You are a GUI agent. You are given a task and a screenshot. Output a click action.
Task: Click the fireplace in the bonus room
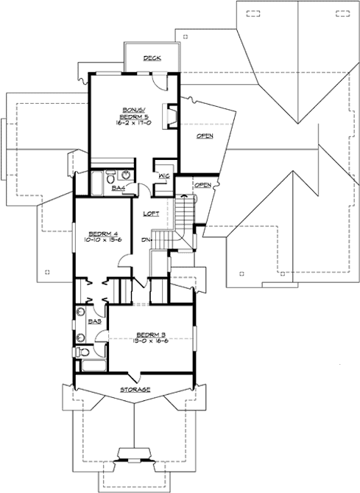click(169, 115)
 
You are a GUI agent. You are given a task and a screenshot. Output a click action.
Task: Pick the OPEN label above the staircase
click(203, 184)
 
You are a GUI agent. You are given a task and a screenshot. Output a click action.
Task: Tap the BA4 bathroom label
click(117, 189)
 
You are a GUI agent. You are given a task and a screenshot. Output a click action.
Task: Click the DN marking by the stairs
click(146, 239)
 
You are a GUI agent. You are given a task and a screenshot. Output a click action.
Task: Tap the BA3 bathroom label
click(94, 322)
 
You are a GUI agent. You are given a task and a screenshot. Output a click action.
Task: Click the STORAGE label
click(135, 389)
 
